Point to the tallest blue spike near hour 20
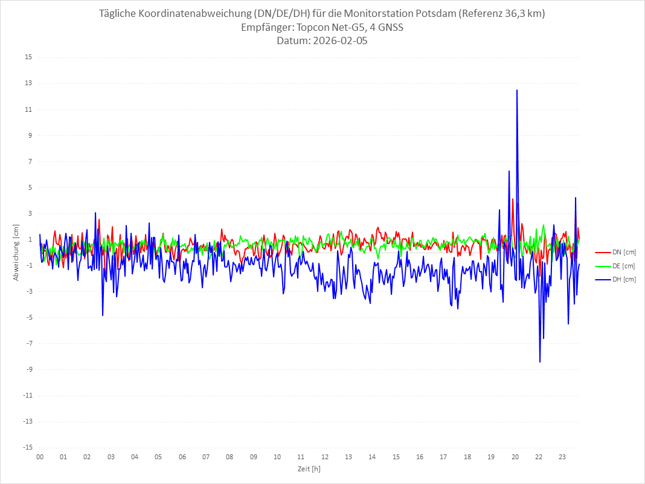click(517, 90)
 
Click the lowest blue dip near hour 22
click(540, 361)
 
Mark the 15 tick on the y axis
click(28, 57)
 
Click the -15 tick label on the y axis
click(27, 447)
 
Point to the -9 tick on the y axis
click(28, 369)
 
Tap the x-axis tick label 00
click(40, 457)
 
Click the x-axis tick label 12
click(325, 457)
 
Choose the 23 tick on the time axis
click(562, 457)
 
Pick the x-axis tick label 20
click(515, 457)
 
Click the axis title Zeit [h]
click(309, 468)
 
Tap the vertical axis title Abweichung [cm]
click(16, 253)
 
